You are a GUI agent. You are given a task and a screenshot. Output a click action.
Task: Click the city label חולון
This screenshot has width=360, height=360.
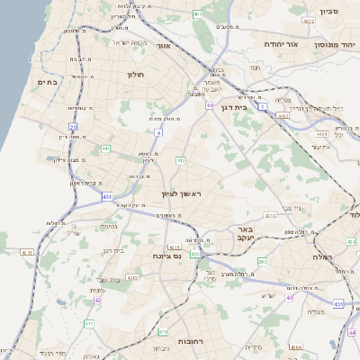coord(136,75)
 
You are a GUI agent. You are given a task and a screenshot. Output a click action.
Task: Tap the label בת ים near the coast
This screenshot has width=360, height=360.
coord(47,83)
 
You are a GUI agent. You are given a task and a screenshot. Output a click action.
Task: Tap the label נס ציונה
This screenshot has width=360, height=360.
coord(165,256)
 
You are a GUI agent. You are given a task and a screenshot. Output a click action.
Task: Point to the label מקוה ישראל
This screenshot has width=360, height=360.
coord(127,41)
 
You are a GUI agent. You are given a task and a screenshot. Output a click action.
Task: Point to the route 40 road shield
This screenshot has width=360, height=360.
coord(290,297)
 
